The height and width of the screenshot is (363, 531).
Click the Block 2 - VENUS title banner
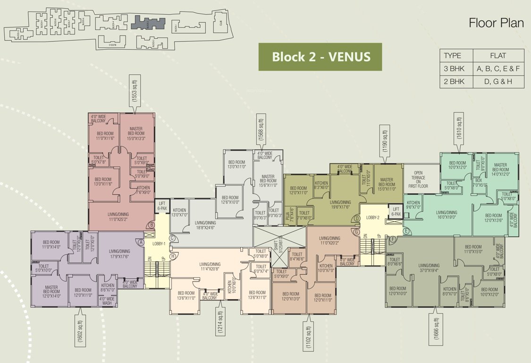pyautogui.click(x=320, y=57)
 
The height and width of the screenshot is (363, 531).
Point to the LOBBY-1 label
pyautogui.click(x=159, y=243)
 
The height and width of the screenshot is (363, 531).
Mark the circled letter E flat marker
pyautogui.click(x=406, y=231)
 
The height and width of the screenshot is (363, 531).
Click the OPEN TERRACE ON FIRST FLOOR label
pyautogui.click(x=418, y=180)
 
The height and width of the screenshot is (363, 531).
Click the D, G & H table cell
pyautogui.click(x=498, y=81)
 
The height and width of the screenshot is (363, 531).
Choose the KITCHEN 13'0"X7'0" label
pyautogui.click(x=180, y=213)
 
